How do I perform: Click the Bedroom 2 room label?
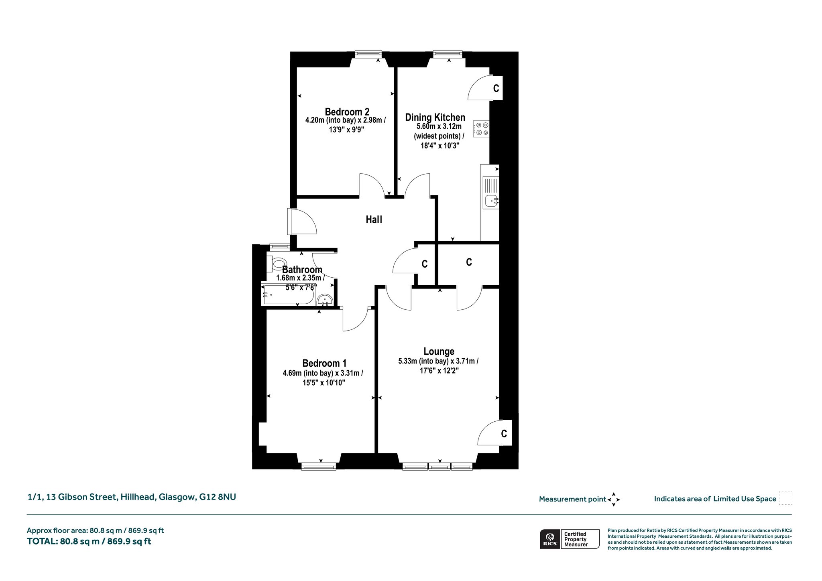tap(347, 112)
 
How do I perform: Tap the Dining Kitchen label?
tap(435, 118)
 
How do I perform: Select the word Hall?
tap(374, 219)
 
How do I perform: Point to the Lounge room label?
tap(439, 351)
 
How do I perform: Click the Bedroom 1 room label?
tap(324, 364)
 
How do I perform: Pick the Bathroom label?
tap(302, 270)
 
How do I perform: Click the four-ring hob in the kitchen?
tap(481, 129)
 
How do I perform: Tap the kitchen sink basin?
tap(491, 200)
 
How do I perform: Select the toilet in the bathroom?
tap(275, 264)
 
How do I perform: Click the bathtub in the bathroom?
tap(287, 295)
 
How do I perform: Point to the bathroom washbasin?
tap(325, 300)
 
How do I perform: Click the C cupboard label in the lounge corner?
tap(504, 434)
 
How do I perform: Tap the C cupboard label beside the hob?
tap(496, 88)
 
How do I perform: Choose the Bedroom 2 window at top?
tap(368, 55)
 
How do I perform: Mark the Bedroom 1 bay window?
tap(318, 466)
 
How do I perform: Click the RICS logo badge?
tap(549, 539)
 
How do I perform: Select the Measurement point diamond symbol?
tap(614, 500)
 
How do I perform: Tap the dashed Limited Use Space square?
tap(785, 498)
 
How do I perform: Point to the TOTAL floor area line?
tap(89, 541)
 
